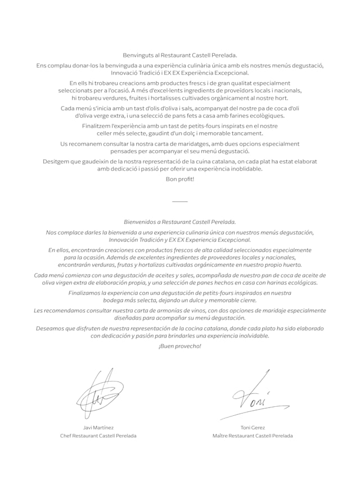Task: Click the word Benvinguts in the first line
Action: click(x=137, y=55)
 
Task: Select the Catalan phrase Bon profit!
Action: click(x=179, y=179)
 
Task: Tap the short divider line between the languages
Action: click(x=179, y=201)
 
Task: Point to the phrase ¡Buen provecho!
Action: click(x=179, y=346)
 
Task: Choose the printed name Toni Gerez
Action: click(x=253, y=427)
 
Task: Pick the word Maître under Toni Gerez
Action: click(x=221, y=436)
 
